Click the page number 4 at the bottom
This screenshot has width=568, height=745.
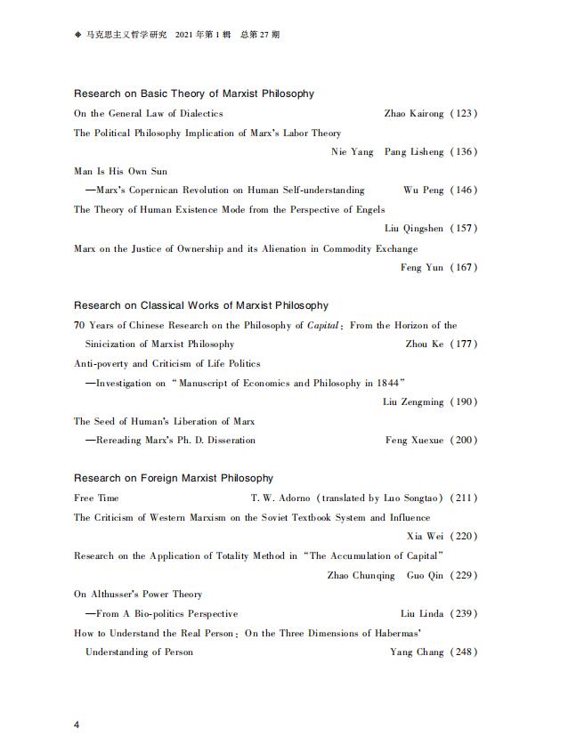(77, 725)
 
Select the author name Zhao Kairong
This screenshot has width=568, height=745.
(414, 114)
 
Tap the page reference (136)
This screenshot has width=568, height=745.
(464, 152)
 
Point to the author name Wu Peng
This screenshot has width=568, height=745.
(422, 190)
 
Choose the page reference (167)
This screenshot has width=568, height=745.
(464, 268)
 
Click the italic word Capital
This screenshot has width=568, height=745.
(323, 326)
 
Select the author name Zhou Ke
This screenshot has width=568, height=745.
(425, 344)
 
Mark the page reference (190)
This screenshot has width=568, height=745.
(464, 402)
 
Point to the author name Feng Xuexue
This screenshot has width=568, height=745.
(415, 441)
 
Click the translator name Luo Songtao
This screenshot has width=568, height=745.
(413, 498)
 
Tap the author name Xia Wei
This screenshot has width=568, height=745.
(426, 537)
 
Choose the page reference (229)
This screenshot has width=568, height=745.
(464, 576)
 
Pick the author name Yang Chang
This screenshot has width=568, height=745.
(417, 652)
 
